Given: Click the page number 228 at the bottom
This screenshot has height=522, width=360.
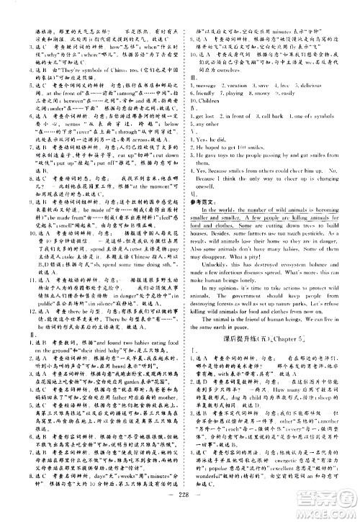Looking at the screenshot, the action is tap(179, 505).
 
